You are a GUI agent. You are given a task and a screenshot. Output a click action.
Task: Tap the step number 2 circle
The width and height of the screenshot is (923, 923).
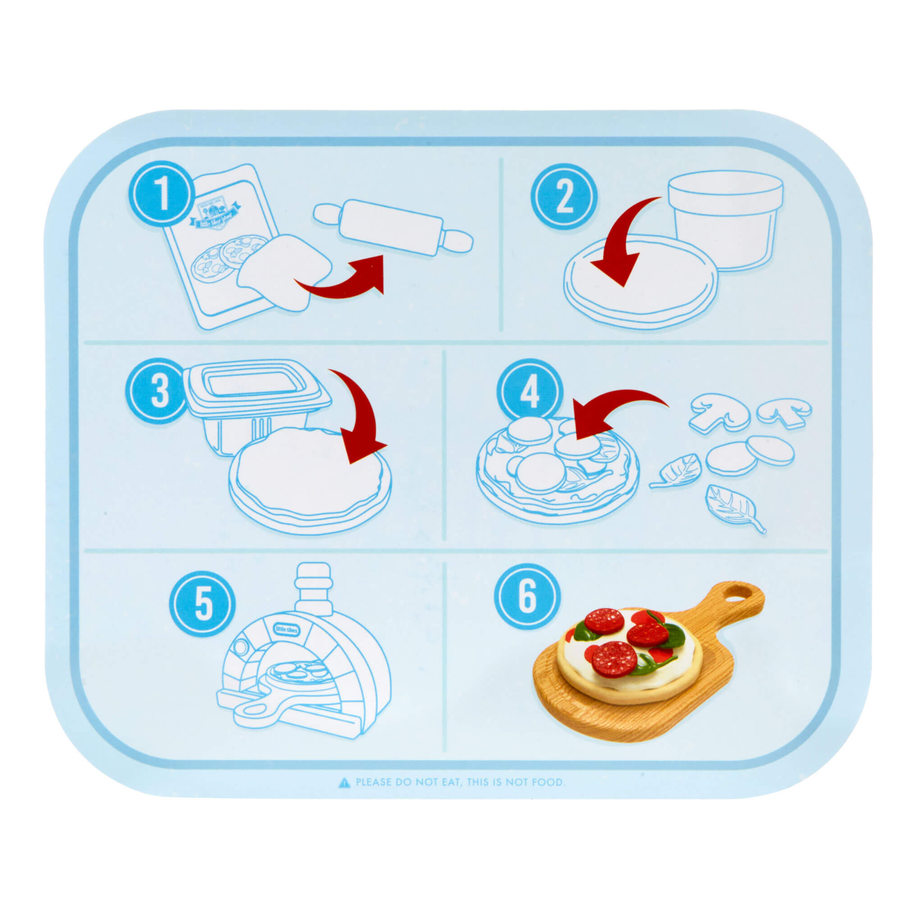click(x=564, y=198)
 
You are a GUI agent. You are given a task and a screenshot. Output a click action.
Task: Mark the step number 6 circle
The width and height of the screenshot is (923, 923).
click(x=527, y=597)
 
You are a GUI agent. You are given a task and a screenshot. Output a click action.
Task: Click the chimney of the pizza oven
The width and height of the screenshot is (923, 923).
click(x=313, y=588)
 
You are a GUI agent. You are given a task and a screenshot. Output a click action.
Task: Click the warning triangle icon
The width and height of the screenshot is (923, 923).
click(x=343, y=782)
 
